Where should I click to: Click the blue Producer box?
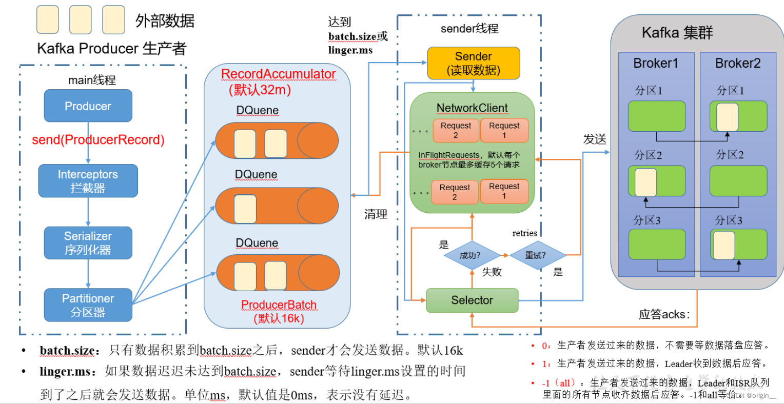point(88,106)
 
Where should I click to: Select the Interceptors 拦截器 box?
point(88,181)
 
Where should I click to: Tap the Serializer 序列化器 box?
point(88,243)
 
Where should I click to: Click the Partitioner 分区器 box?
point(88,305)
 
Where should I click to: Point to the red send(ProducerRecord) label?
point(98,140)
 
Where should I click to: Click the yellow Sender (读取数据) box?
point(473,63)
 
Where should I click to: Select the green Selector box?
point(472,300)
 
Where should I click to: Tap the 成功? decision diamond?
point(470,255)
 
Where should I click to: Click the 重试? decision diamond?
point(536,255)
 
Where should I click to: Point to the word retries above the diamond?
point(524,233)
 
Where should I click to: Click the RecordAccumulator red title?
point(278,74)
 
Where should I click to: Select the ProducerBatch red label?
point(279,305)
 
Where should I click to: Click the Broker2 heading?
point(737,63)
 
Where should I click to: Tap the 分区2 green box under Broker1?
point(657,181)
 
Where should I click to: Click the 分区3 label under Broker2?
point(729,220)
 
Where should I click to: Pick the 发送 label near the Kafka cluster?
point(595,139)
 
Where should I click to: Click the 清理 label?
point(376,214)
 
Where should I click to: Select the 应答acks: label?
point(664,314)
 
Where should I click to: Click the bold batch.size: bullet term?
point(68,351)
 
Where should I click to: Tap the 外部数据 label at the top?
point(165,21)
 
